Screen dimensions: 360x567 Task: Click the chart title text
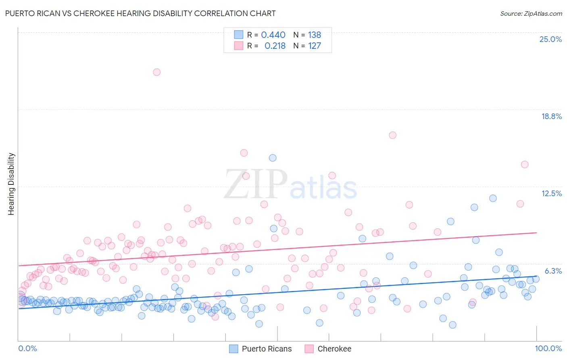tap(140, 13)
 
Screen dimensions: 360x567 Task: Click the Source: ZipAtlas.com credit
tap(531, 13)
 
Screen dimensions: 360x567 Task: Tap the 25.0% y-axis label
tap(550, 39)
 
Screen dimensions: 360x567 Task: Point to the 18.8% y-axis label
tap(551, 116)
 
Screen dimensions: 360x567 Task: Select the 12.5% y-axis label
tap(551, 193)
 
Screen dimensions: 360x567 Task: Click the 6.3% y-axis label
tap(553, 271)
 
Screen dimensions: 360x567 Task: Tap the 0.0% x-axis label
tap(28, 348)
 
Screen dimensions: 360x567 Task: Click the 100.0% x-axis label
tap(548, 348)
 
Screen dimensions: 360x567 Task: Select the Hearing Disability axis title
tap(11, 184)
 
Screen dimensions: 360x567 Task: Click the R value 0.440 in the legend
tap(273, 35)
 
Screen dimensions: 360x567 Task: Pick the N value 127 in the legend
tap(315, 46)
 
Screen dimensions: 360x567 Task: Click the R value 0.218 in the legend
tap(275, 46)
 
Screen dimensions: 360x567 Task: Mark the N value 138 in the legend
tap(315, 35)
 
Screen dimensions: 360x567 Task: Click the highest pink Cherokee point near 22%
tap(156, 72)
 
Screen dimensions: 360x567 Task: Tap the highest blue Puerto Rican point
tap(273, 158)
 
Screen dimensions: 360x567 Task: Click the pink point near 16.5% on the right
tap(392, 135)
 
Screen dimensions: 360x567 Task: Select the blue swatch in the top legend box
tap(239, 35)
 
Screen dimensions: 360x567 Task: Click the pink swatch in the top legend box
tap(239, 46)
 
